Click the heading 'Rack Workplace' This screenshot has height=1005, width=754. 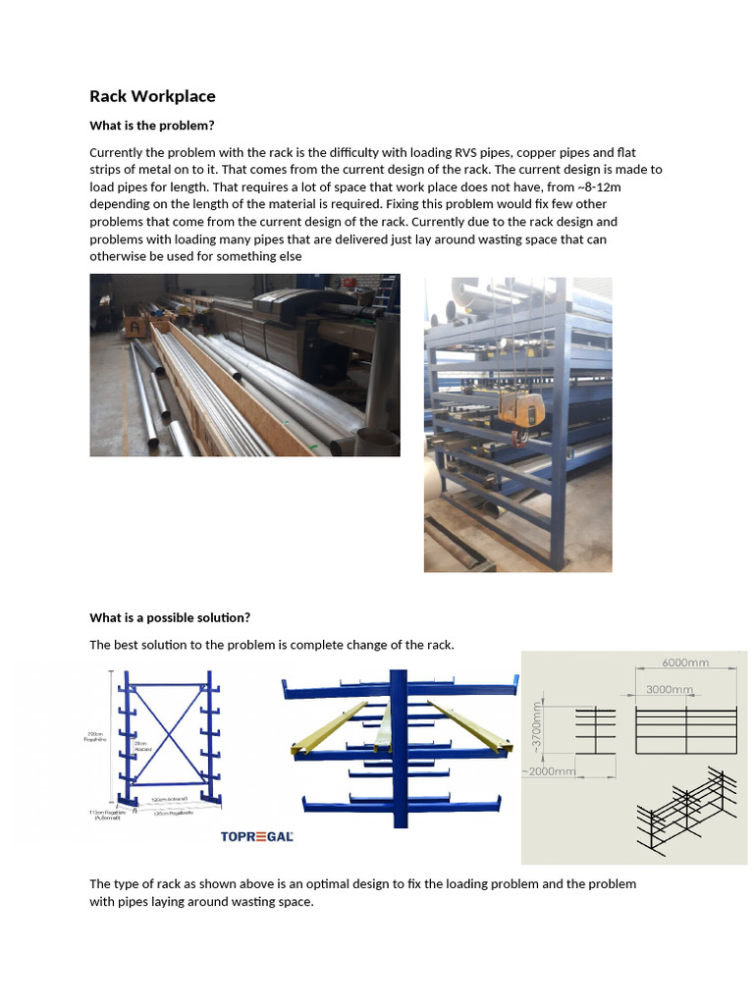click(x=152, y=96)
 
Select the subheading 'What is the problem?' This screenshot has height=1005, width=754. click(x=151, y=126)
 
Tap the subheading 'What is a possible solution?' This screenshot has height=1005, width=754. click(x=170, y=617)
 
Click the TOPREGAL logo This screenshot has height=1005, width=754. click(x=258, y=836)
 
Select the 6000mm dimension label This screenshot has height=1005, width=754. click(x=684, y=662)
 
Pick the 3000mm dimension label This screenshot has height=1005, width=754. click(x=670, y=690)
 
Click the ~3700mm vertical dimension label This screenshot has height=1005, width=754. click(x=537, y=729)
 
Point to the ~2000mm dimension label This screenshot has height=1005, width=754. click(x=549, y=771)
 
